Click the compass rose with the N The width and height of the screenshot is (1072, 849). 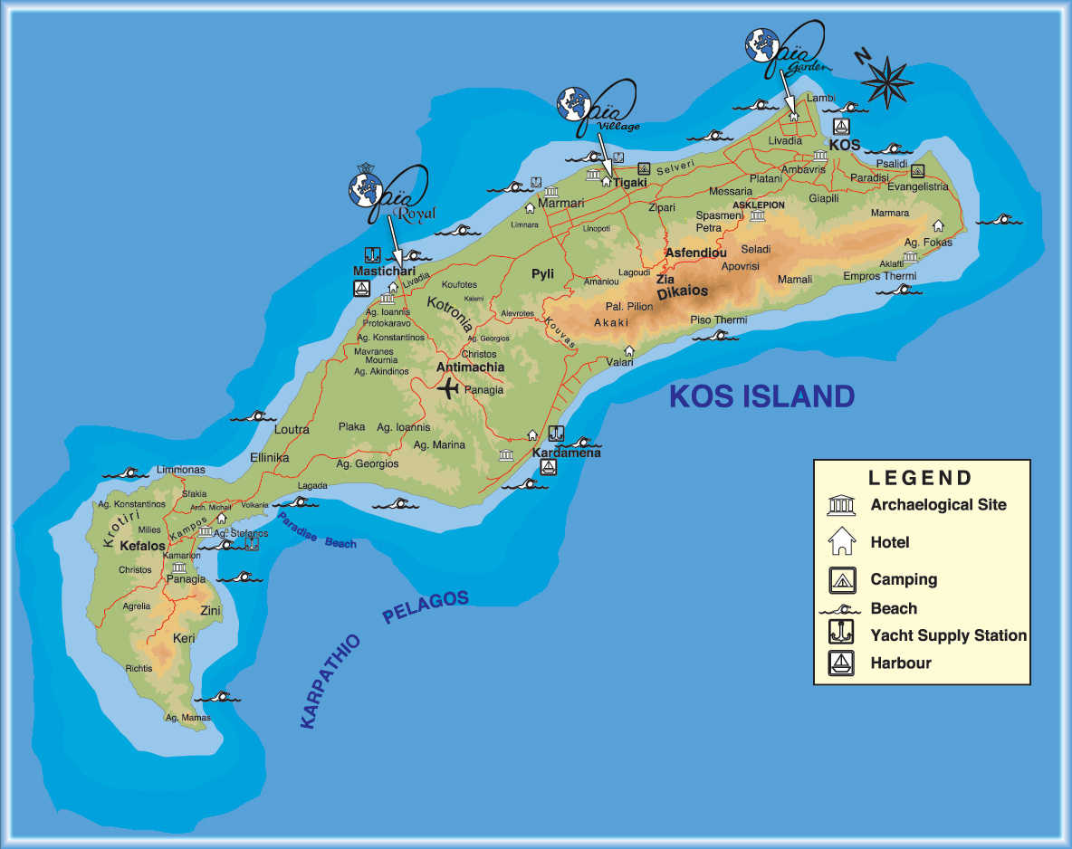coord(885,80)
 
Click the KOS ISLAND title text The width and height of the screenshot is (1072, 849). coord(761,396)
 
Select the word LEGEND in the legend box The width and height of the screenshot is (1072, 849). coord(920,478)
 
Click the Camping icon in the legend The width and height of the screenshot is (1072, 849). coord(841,579)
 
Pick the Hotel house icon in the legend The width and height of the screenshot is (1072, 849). coord(841,542)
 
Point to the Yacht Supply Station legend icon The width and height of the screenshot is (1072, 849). coord(841,634)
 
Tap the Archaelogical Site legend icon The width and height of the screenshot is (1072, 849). coord(841,505)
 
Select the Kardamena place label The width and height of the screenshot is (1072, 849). coord(566,453)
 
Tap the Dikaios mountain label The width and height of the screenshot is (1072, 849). coord(682,293)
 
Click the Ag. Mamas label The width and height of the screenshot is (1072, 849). coord(187,718)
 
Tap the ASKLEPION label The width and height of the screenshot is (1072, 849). coord(758,205)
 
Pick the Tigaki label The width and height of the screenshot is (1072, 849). coord(630,182)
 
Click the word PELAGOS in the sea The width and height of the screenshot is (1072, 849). coord(426,609)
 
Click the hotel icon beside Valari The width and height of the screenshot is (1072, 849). coord(628,350)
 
